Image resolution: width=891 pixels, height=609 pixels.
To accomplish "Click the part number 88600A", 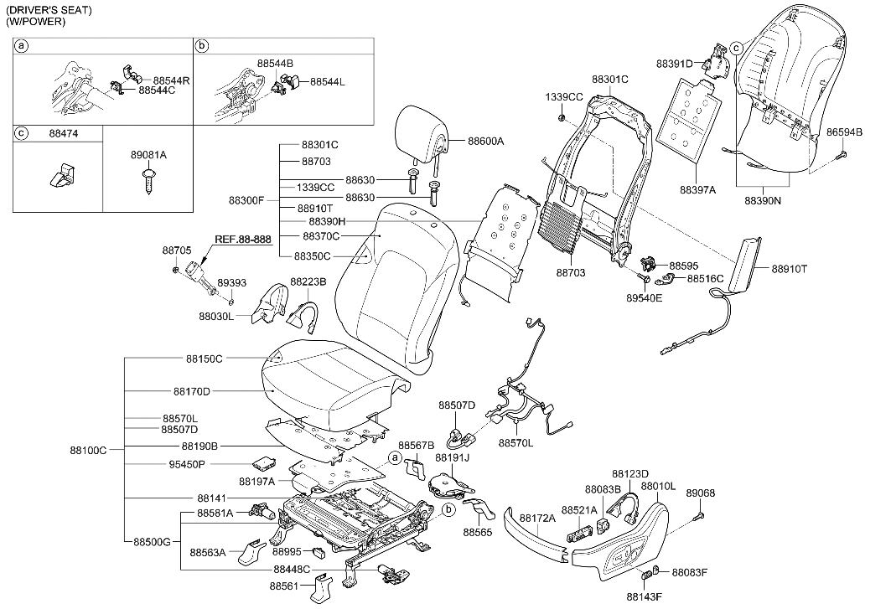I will pyautogui.click(x=485, y=142).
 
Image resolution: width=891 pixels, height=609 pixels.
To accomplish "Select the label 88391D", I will pyautogui.click(x=675, y=64).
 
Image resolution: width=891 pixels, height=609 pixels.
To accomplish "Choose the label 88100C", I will pyautogui.click(x=89, y=450).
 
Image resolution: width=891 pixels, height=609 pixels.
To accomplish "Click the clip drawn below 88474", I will pyautogui.click(x=60, y=177).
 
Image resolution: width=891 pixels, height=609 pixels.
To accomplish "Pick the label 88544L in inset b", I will pyautogui.click(x=328, y=81).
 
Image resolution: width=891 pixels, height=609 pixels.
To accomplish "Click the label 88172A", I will pyautogui.click(x=537, y=519).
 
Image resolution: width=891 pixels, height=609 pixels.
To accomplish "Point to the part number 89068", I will pyautogui.click(x=701, y=493).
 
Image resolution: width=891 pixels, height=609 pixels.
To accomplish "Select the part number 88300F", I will pyautogui.click(x=247, y=200).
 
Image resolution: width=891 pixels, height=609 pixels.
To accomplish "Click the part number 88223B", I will pyautogui.click(x=308, y=281).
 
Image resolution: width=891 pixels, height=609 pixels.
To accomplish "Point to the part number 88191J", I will pyautogui.click(x=452, y=458).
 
